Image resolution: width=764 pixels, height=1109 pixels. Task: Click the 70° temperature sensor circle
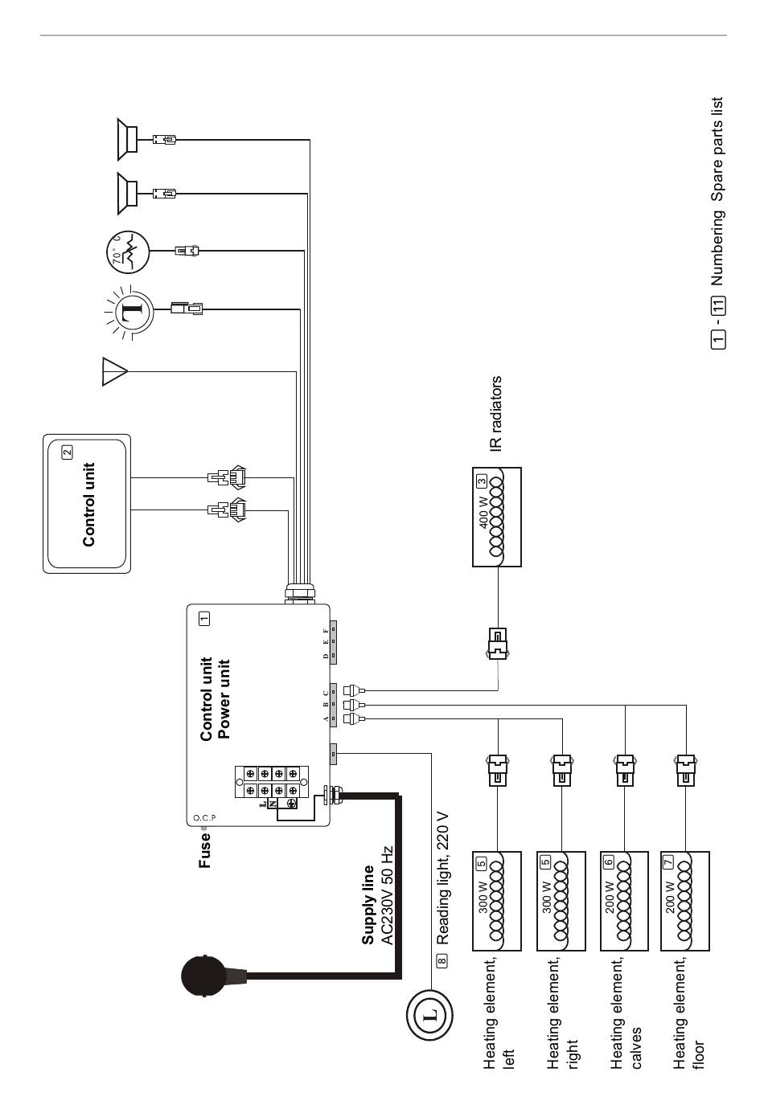click(127, 252)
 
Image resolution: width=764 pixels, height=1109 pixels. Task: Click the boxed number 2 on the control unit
click(67, 452)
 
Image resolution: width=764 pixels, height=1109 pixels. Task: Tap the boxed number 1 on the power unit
click(204, 618)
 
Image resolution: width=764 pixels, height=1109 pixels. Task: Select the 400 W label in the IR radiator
click(483, 512)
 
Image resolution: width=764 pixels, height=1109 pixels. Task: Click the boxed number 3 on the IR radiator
click(481, 481)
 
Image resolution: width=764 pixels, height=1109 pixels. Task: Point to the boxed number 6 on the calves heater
click(609, 862)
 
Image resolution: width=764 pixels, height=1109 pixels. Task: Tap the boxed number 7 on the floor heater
click(668, 862)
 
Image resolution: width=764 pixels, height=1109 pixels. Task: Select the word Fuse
click(204, 850)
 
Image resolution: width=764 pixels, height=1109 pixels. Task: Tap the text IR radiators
click(496, 413)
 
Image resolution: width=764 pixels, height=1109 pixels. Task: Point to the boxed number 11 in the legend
click(718, 305)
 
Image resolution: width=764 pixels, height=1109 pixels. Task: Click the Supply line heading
click(368, 905)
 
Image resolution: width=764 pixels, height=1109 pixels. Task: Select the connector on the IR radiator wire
click(498, 643)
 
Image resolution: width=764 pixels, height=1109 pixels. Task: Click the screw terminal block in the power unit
click(272, 782)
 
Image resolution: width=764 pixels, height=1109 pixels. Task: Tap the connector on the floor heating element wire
click(685, 771)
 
